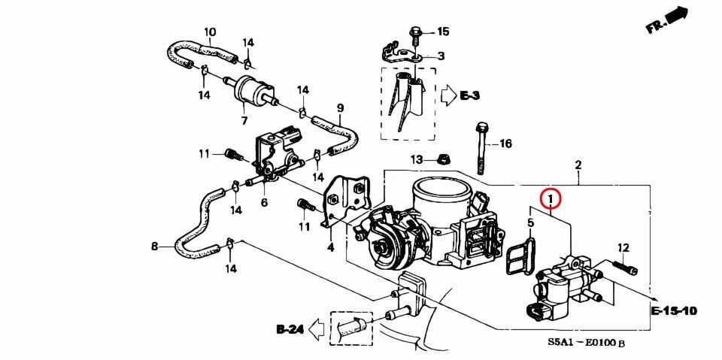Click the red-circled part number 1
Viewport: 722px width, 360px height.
551,199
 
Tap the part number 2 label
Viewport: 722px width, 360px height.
578,165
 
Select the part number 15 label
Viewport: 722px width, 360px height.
442,32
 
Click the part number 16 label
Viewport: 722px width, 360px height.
505,143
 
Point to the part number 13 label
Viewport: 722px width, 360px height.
417,159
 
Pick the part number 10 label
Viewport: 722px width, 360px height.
210,32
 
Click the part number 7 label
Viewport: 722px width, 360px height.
244,120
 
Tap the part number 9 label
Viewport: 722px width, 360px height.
340,107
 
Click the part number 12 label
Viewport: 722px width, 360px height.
623,248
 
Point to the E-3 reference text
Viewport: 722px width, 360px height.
470,95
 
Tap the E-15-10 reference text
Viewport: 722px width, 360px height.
675,310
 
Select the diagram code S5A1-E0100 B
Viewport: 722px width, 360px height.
586,343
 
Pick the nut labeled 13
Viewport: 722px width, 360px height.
444,159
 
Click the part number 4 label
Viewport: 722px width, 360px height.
329,247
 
